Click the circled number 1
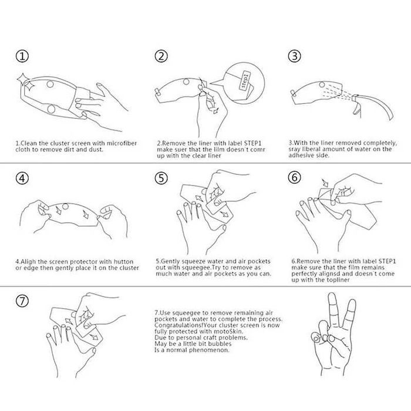click(22, 56)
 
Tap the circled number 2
click(161, 56)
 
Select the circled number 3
click(294, 56)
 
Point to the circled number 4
click(22, 178)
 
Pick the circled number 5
click(161, 178)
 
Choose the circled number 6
click(294, 177)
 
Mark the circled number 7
click(22, 301)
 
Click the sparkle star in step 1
click(25, 82)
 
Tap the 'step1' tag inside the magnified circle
click(245, 80)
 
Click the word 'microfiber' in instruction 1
click(122, 143)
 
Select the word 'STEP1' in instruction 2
click(253, 143)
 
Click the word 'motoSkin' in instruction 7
click(228, 331)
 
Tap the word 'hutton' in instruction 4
click(123, 262)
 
